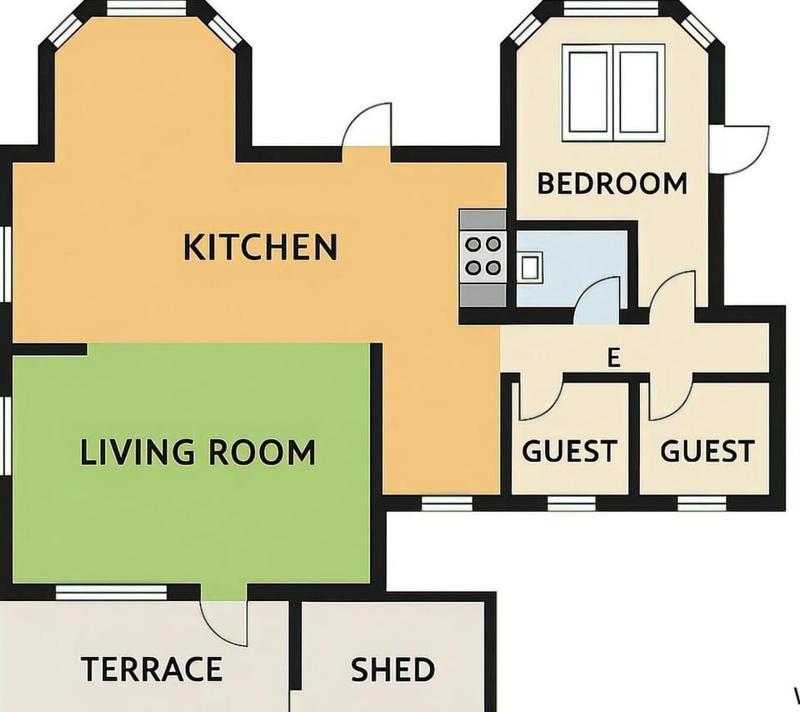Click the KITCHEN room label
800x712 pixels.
260,247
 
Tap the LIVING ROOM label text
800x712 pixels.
198,452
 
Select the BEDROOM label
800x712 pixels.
612,183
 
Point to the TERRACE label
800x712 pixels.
152,669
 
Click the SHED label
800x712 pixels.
392,669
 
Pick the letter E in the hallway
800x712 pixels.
614,358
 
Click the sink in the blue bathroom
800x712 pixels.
530,266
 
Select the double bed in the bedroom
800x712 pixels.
613,93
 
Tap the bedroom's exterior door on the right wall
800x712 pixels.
740,149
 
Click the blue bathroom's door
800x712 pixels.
597,300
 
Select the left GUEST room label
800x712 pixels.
569,451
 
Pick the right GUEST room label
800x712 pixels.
707,451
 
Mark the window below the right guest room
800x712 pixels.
702,504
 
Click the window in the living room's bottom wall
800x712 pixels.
111,593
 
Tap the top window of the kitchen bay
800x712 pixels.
147,8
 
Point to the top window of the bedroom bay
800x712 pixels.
611,8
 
